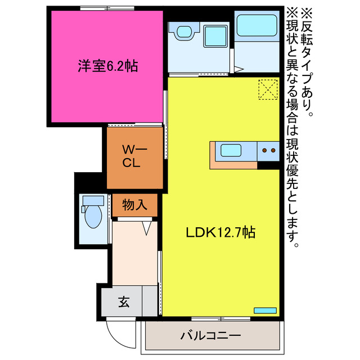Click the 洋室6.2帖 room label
(107, 66)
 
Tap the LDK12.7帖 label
(221, 232)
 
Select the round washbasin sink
(183, 32)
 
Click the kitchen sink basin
(232, 151)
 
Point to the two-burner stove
(268, 151)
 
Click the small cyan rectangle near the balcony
(265, 310)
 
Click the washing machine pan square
(214, 37)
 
